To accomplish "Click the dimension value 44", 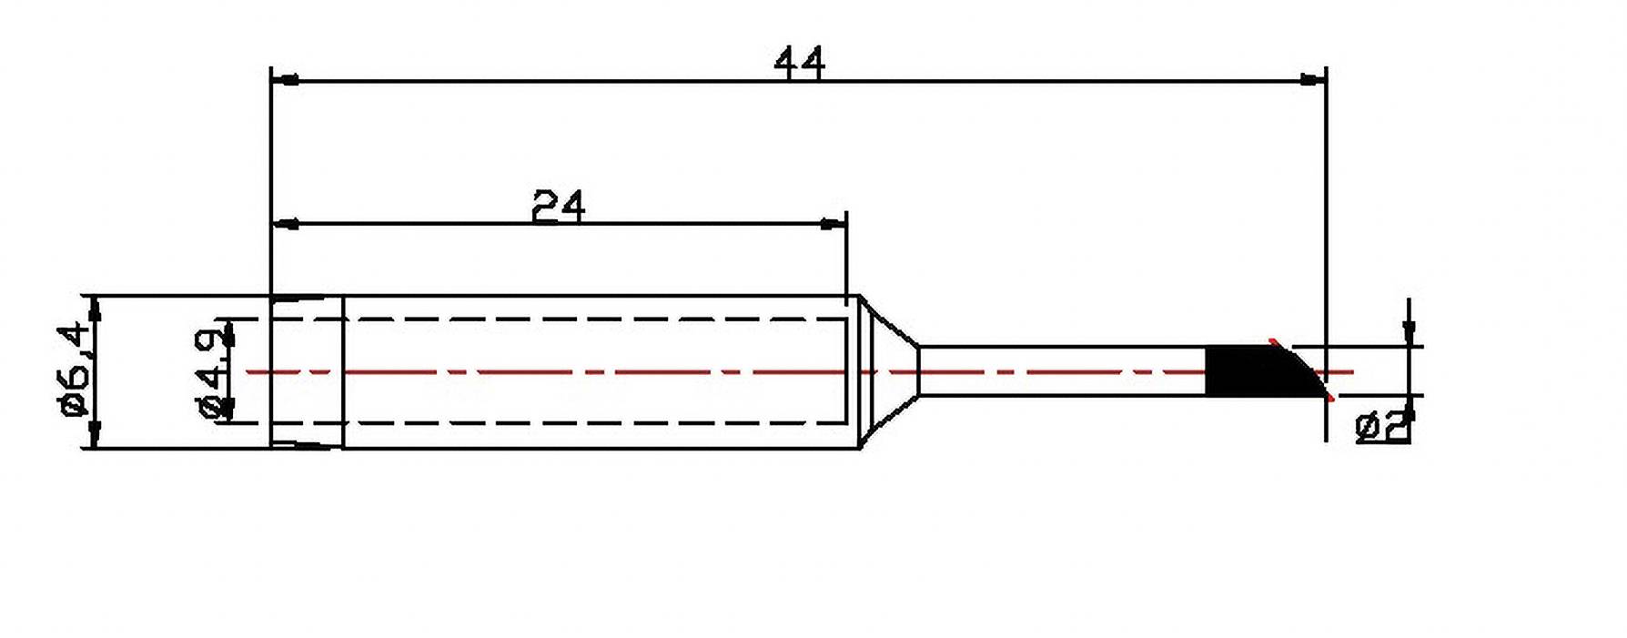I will (799, 64).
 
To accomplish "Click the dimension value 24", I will (558, 207).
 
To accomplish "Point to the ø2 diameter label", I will (1381, 426).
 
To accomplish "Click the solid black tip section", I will (1242, 371).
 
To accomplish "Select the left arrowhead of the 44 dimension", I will (285, 81).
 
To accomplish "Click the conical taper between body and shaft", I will (888, 371).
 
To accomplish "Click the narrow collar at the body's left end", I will (307, 371).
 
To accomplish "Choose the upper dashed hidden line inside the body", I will (591, 319).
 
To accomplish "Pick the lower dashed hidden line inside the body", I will (591, 423).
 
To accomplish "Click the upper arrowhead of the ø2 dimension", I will (1409, 333).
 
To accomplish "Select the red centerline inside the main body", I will (591, 371).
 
